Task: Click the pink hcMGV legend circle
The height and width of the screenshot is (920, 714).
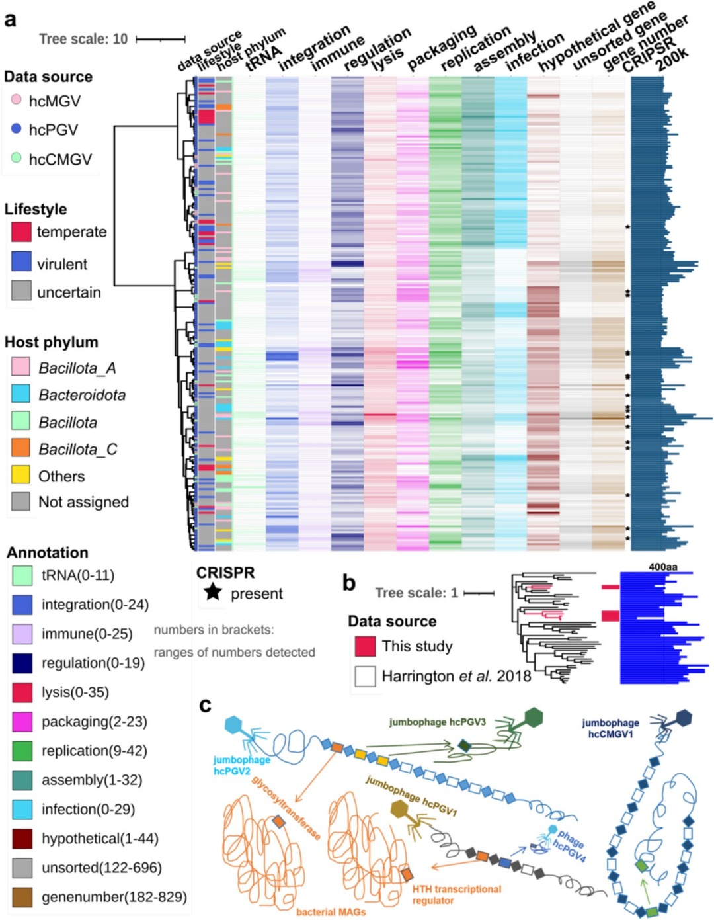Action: click(x=17, y=101)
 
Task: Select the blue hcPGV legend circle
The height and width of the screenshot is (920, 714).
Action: click(x=17, y=129)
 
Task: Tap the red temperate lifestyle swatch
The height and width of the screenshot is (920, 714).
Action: click(x=21, y=231)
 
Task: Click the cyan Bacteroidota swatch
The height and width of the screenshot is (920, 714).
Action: click(x=20, y=394)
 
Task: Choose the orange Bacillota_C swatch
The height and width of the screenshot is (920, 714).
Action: click(x=20, y=448)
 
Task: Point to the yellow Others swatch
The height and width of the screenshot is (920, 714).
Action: click(x=20, y=475)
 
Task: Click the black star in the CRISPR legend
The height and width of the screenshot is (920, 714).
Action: click(x=213, y=591)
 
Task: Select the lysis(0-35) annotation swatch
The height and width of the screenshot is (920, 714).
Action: click(x=22, y=692)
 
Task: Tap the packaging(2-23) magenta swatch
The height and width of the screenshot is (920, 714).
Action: click(x=22, y=722)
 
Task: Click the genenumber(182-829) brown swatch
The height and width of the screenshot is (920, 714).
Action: click(x=22, y=897)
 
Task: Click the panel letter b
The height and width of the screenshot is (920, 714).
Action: click(x=348, y=583)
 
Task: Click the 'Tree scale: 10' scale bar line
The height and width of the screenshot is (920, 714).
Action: click(x=160, y=40)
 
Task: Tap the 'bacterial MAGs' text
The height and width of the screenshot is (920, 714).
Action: click(x=331, y=912)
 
